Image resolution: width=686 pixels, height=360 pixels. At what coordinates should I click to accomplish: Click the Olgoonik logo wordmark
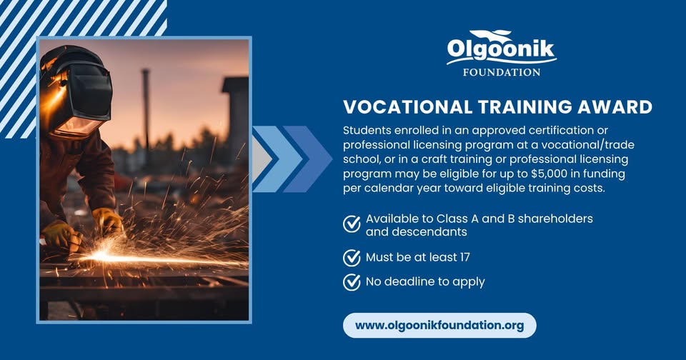[501, 50]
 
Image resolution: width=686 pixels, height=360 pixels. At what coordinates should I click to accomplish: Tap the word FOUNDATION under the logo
[502, 72]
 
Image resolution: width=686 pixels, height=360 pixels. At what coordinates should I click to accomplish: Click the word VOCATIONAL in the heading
[407, 107]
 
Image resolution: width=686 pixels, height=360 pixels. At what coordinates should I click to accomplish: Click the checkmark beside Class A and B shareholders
[352, 224]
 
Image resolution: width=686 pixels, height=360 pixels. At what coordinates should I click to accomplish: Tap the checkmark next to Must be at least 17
[352, 258]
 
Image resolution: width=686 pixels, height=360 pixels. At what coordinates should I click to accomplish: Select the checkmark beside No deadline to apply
[352, 282]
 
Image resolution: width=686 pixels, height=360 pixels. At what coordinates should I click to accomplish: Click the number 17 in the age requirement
[464, 257]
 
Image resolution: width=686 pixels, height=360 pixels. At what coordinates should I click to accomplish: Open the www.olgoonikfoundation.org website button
[439, 326]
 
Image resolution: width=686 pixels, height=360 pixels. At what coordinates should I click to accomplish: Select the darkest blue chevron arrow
[307, 159]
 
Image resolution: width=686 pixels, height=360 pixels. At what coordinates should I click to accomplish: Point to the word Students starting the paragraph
[367, 130]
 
